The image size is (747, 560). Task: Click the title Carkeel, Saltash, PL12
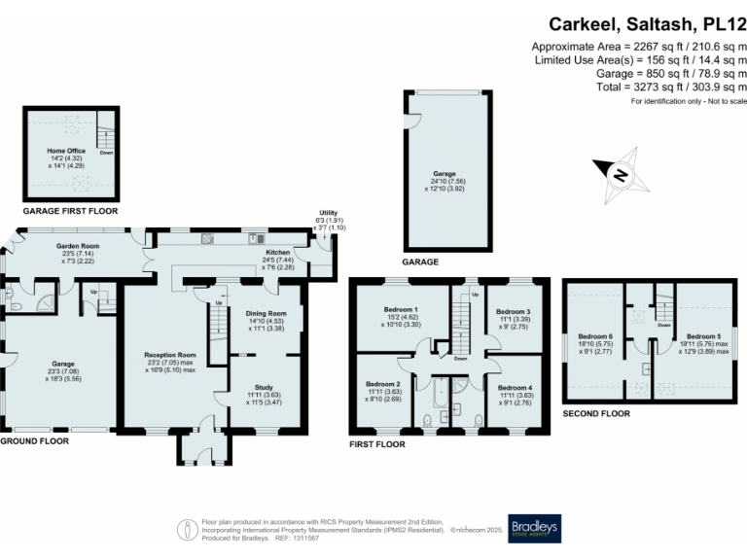(x=648, y=23)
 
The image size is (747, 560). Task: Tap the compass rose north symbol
(x=620, y=174)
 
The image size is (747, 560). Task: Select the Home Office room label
(x=67, y=151)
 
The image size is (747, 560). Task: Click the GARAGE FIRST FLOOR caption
(x=70, y=210)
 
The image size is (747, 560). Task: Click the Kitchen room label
(x=279, y=251)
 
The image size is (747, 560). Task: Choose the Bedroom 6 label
(x=596, y=335)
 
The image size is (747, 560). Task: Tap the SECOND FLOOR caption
(x=596, y=413)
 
